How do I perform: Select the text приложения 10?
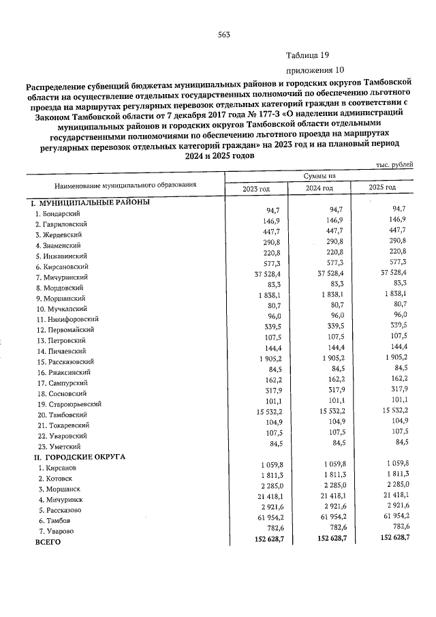pyautogui.click(x=311, y=70)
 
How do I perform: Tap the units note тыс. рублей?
pyautogui.click(x=394, y=166)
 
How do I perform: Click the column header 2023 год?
pyautogui.click(x=256, y=188)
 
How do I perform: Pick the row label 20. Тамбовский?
pyautogui.click(x=63, y=415)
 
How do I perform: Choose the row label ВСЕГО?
pyautogui.click(x=48, y=542)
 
